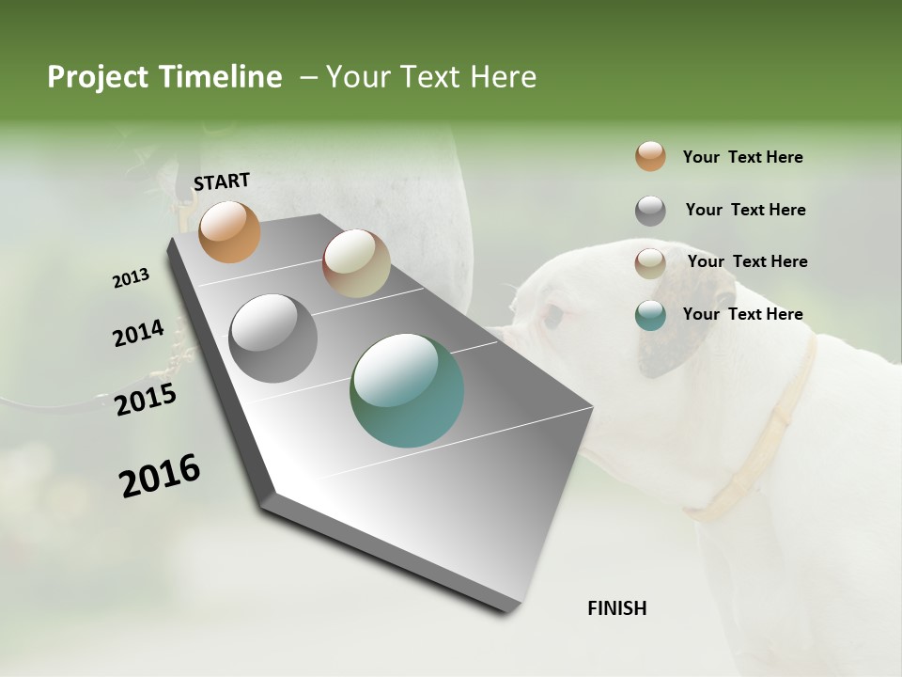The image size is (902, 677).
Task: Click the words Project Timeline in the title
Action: [x=164, y=77]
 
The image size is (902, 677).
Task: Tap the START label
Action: [x=222, y=181]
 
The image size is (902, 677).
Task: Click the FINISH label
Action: [x=617, y=608]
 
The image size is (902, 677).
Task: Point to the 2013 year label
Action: [x=132, y=278]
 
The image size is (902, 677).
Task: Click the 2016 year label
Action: [x=160, y=476]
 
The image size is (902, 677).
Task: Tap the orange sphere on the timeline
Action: [x=229, y=231]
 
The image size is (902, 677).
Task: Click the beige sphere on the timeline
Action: [x=356, y=263]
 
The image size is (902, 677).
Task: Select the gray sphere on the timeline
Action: [x=273, y=338]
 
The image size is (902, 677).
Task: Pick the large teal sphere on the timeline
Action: [x=407, y=390]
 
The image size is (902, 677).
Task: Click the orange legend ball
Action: [x=650, y=157]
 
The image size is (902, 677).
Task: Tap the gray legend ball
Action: [x=650, y=211]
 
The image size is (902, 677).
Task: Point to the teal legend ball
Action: [x=650, y=316]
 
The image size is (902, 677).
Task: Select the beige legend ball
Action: [x=650, y=263]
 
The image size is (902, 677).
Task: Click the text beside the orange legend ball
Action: [x=742, y=158]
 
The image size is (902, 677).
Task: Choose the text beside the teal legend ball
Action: [x=742, y=314]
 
